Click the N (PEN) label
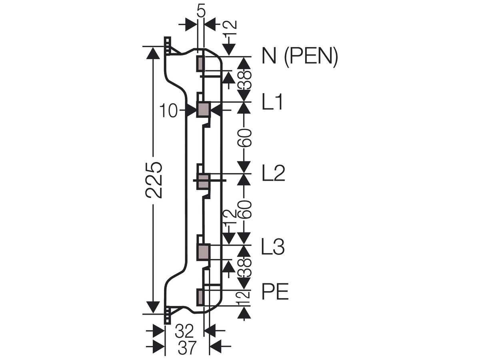(x=300, y=56)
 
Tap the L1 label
(x=272, y=102)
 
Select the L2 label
(x=273, y=173)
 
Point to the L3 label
(x=273, y=247)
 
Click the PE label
(x=275, y=291)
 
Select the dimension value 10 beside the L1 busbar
(x=168, y=111)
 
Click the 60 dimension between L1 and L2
(x=244, y=138)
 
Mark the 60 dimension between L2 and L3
(x=244, y=209)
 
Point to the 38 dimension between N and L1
(x=244, y=80)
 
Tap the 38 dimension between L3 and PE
(x=244, y=268)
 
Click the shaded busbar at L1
(x=203, y=109)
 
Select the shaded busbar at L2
(x=204, y=182)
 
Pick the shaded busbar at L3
(x=204, y=252)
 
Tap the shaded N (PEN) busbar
(x=200, y=63)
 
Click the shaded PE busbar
(x=200, y=297)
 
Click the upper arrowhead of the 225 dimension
(x=153, y=53)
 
